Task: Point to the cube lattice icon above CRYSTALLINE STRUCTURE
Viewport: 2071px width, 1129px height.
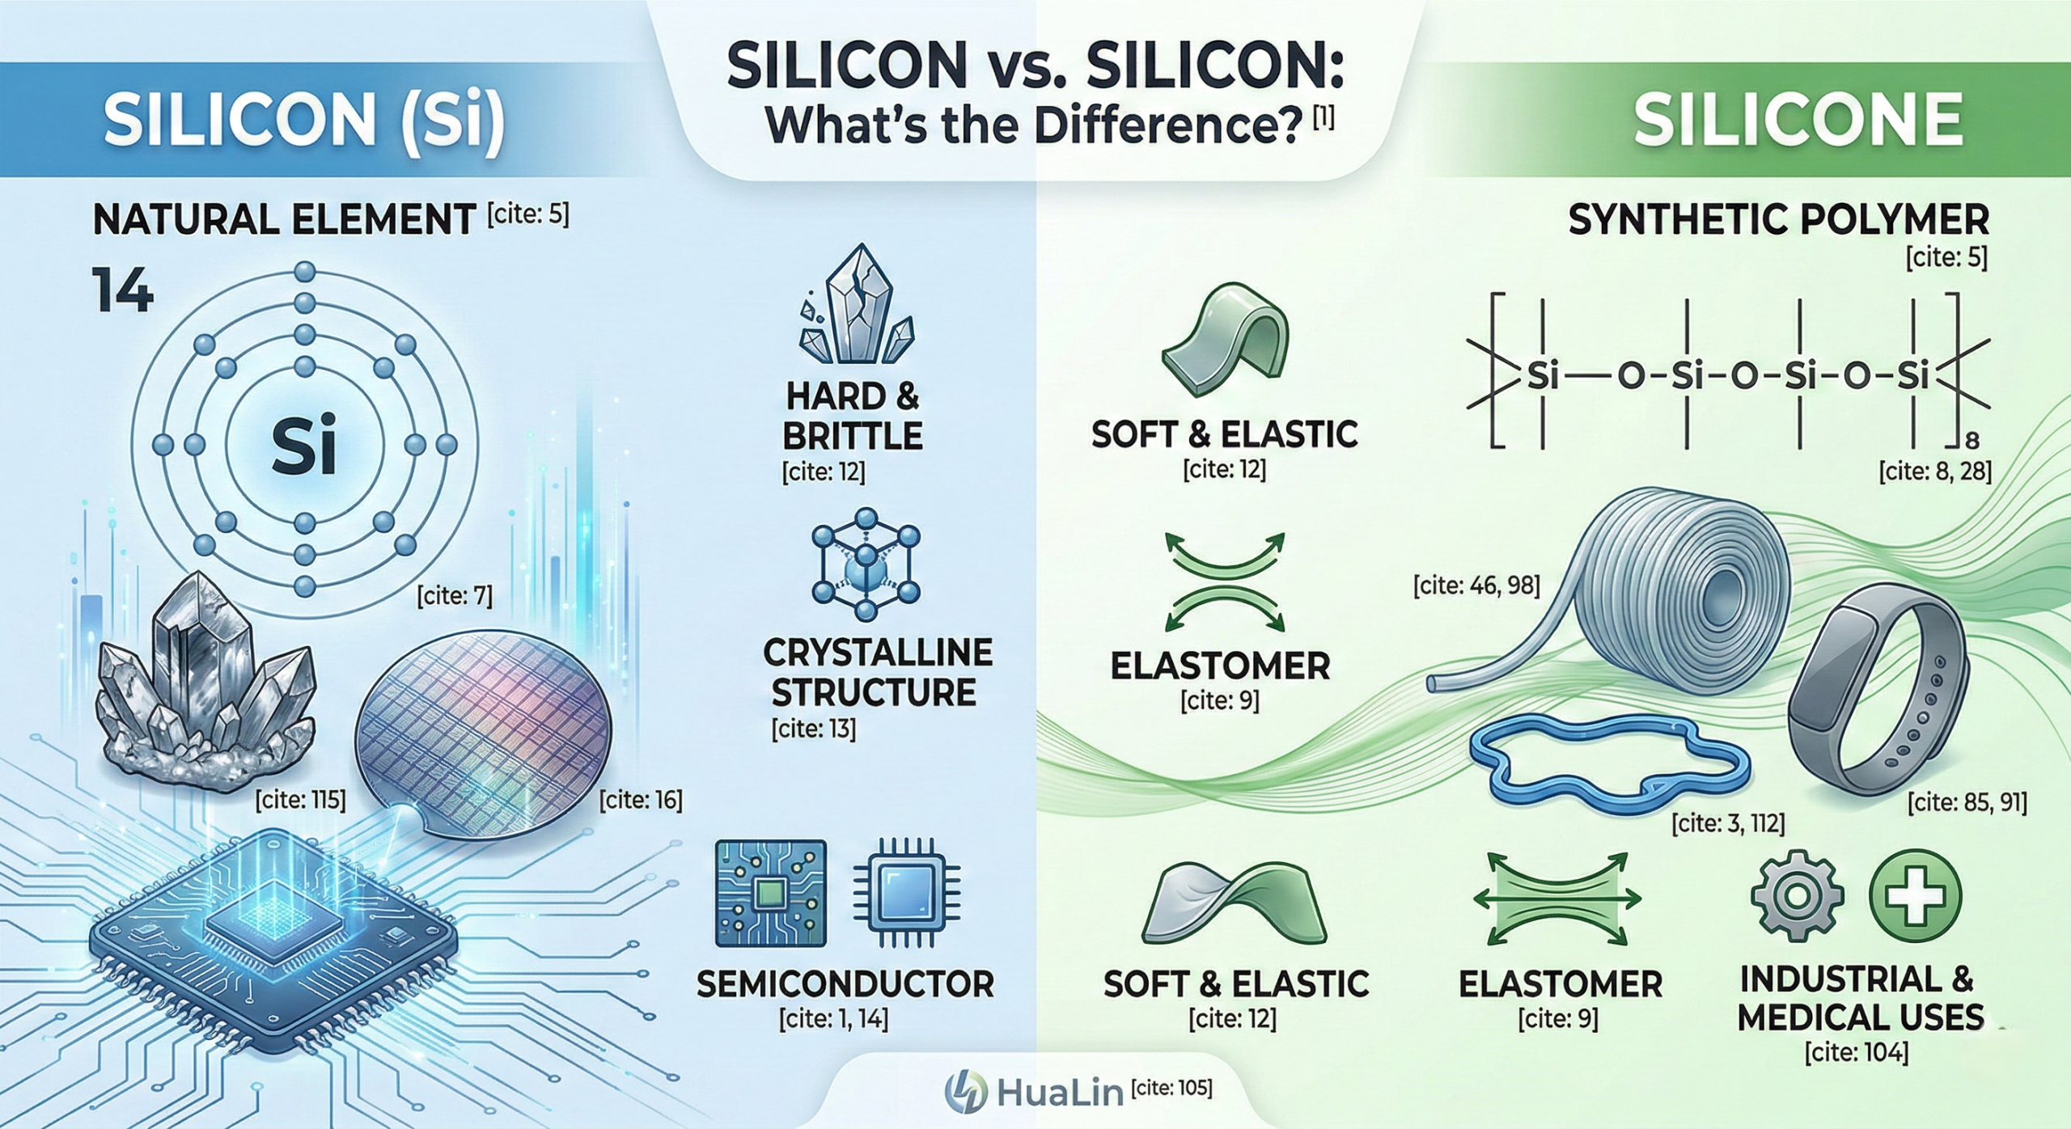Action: click(x=866, y=564)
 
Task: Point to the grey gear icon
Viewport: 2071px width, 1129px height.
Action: click(x=1797, y=897)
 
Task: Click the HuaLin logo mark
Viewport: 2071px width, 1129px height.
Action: click(x=966, y=1091)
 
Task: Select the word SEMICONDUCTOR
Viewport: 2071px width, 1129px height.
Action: click(x=845, y=983)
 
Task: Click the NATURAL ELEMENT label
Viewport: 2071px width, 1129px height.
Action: click(x=284, y=220)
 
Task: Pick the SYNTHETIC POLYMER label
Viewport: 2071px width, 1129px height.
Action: click(x=1778, y=220)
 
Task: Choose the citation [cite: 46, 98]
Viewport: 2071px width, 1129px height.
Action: click(x=1476, y=586)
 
